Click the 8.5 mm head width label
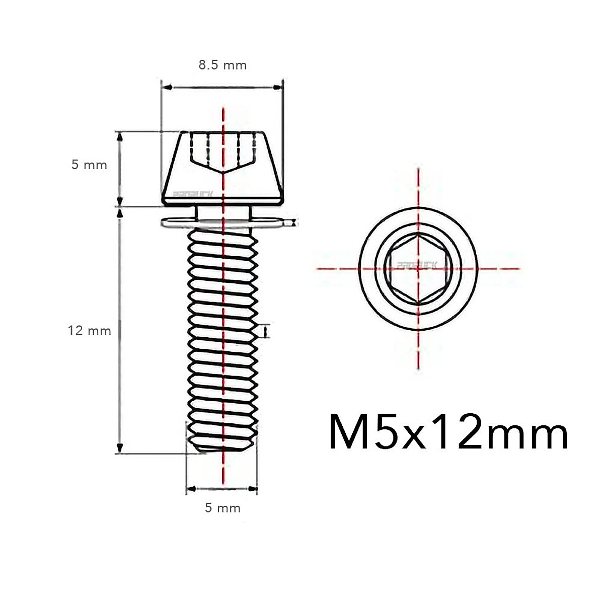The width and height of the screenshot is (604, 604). (221, 65)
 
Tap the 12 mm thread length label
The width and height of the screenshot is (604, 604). (90, 331)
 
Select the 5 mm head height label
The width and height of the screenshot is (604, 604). (89, 165)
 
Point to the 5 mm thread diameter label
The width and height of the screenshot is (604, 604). (222, 508)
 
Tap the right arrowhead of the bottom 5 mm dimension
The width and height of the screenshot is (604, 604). (253, 488)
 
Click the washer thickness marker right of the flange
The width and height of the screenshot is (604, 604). (294, 222)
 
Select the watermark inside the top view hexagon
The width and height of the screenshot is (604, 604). (410, 264)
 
